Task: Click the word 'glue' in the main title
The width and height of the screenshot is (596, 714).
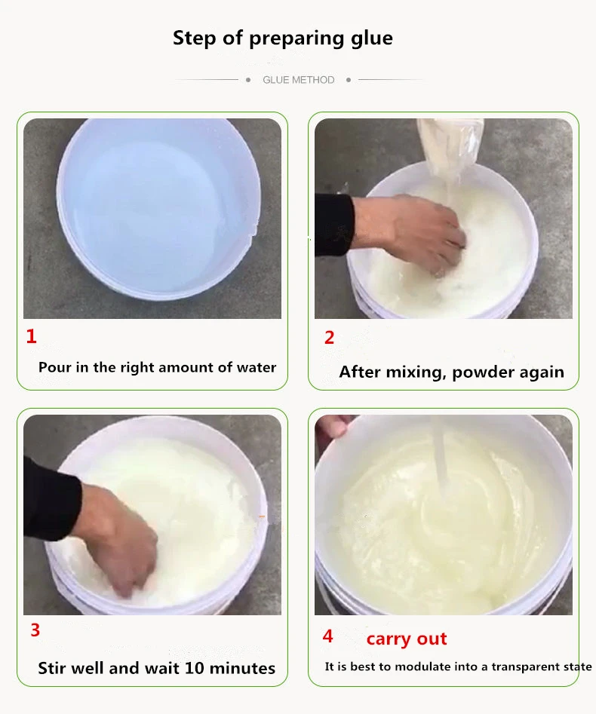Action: point(371,38)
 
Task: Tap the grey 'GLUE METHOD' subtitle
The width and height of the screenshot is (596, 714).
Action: point(299,80)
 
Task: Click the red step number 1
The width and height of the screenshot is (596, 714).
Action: point(31,336)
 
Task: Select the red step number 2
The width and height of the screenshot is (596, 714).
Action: point(329,338)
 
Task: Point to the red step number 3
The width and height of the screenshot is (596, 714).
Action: point(35,630)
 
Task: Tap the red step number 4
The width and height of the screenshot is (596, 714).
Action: point(327,636)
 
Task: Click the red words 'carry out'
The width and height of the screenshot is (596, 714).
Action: point(407,639)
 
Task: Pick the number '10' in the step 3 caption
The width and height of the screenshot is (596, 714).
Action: point(194,668)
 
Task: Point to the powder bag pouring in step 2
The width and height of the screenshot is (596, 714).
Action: point(449,146)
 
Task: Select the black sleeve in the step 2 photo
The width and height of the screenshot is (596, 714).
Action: point(334,225)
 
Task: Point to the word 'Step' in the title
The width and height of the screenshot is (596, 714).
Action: point(195,38)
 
